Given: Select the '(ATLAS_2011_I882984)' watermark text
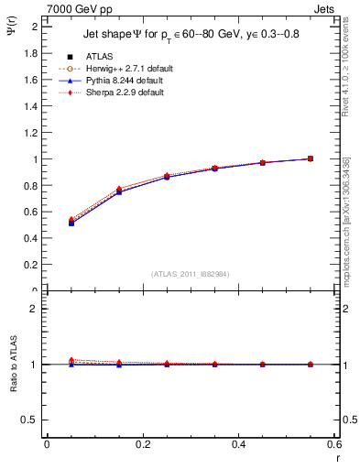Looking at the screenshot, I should (191, 274).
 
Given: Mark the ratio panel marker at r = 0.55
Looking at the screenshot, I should (310, 365).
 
